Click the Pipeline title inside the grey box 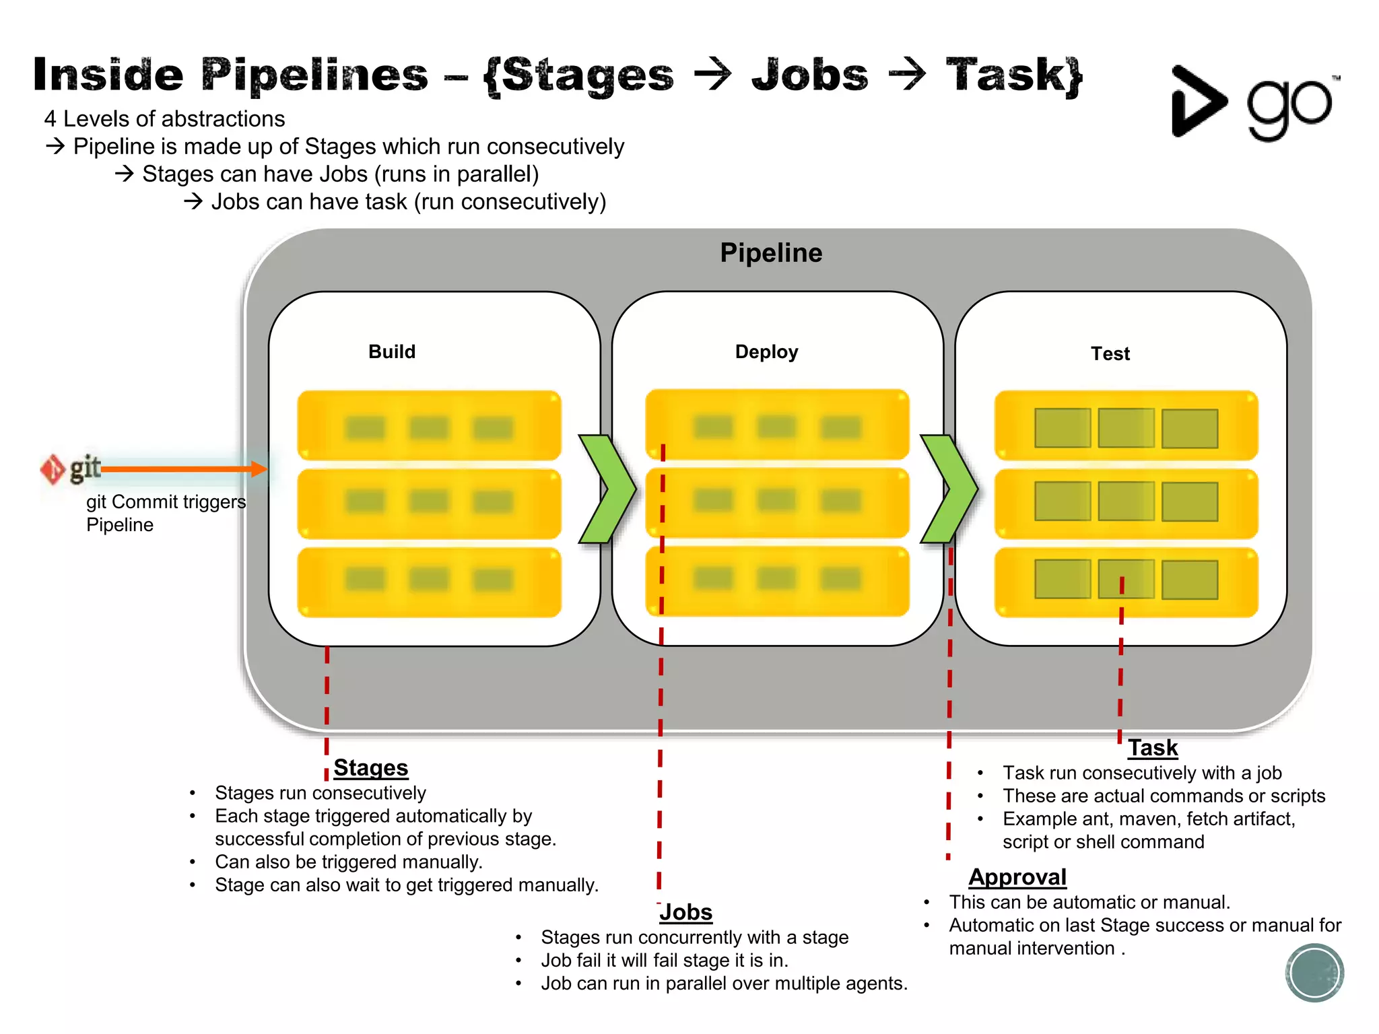coord(771,253)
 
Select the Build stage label coord(392,351)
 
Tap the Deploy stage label coord(766,351)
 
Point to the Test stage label coord(1110,353)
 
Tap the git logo coord(71,469)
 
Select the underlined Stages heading coord(370,767)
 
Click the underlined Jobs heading coord(685,911)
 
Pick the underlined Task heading coord(1153,747)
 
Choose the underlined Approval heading coord(1017,876)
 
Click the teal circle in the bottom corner coord(1314,972)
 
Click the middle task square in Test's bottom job coord(1126,579)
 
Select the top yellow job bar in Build coord(429,425)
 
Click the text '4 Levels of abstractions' coord(164,118)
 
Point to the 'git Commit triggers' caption coord(166,502)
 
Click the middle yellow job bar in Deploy coord(777,502)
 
